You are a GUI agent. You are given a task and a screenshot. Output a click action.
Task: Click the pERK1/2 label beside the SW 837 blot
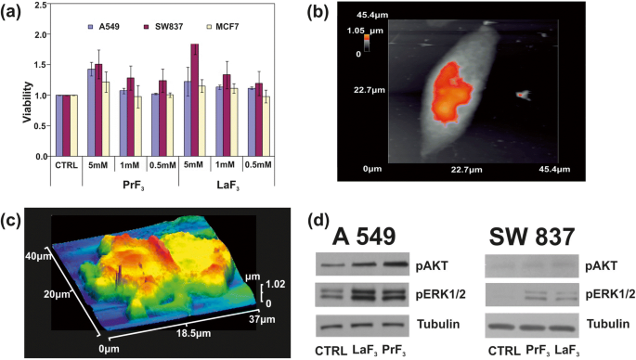tap(609, 296)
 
